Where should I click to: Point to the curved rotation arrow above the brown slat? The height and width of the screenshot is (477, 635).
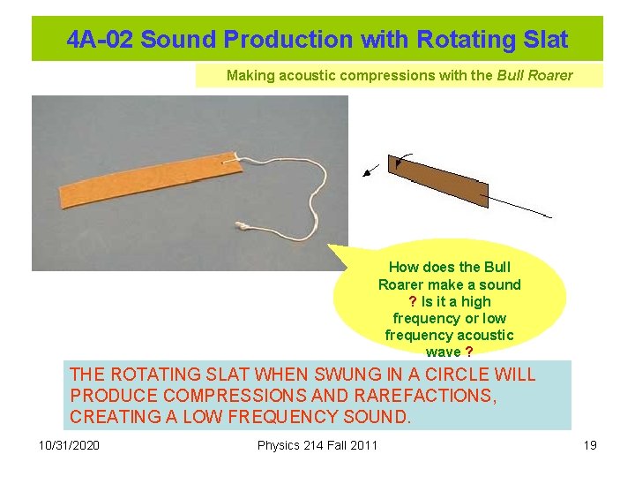pos(402,159)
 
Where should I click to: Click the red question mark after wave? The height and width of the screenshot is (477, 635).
pos(468,352)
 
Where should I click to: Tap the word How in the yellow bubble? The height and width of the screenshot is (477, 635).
pos(404,268)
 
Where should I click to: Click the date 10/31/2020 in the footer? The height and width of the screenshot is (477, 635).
pos(70,445)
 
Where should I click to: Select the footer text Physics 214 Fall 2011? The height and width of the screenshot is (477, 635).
pos(317,445)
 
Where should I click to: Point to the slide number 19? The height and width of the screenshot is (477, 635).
pos(590,445)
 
